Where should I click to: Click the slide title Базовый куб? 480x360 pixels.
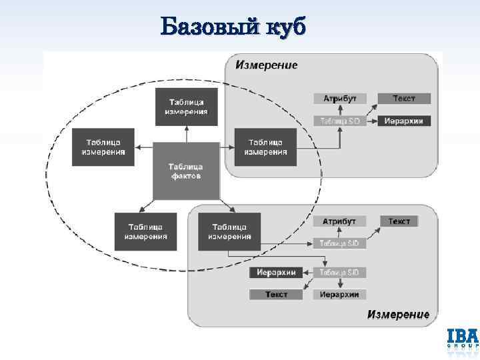click(233, 27)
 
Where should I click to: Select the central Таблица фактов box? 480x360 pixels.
click(186, 171)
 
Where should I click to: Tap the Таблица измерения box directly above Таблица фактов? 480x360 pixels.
click(186, 107)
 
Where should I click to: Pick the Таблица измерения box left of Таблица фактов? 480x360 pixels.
click(103, 147)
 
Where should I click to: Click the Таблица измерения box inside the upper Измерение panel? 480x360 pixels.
click(265, 147)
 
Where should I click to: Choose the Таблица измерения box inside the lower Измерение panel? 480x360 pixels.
click(229, 231)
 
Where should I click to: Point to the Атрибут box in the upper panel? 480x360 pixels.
click(340, 98)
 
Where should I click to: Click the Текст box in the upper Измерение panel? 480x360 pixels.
click(404, 98)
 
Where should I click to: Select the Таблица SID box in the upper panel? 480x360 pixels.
click(340, 121)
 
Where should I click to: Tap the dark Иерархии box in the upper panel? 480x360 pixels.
click(404, 121)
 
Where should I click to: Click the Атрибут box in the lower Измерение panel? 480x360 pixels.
click(339, 221)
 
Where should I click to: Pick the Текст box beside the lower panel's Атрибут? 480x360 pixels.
click(399, 221)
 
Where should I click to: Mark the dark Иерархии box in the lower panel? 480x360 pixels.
click(276, 272)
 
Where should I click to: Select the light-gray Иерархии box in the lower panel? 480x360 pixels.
click(339, 294)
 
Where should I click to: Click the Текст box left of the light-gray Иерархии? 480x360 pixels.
click(276, 294)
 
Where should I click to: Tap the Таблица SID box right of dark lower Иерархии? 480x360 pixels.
click(339, 272)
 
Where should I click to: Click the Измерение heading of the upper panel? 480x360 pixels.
click(266, 65)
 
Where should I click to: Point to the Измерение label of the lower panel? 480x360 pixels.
click(398, 314)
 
